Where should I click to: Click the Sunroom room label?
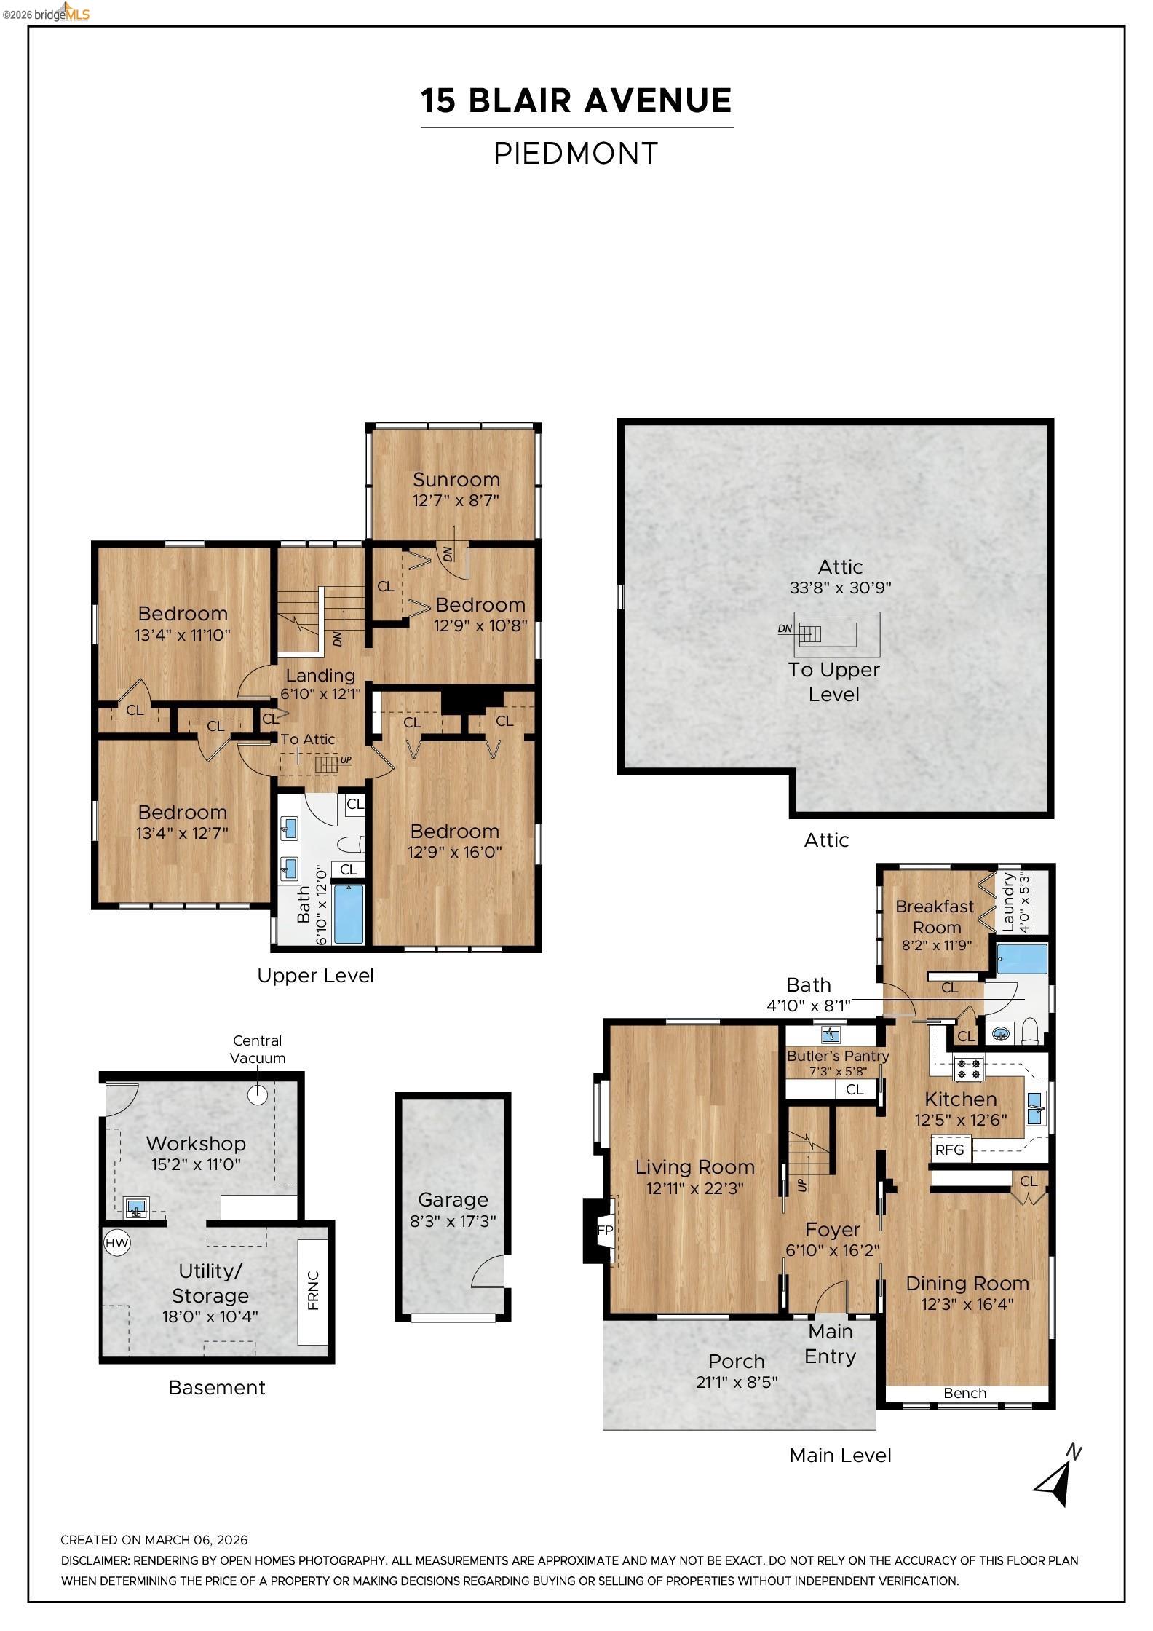point(456,480)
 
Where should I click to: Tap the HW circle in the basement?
point(117,1242)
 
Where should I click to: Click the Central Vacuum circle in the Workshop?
point(258,1094)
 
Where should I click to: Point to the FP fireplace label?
point(605,1230)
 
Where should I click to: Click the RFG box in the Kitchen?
point(949,1150)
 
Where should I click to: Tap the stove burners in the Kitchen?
point(968,1069)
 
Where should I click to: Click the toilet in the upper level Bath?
point(352,845)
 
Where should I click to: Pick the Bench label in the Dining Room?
point(964,1393)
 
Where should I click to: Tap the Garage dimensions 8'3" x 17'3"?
point(453,1221)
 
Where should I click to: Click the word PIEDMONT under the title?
point(576,154)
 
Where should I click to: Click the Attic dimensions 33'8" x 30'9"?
point(840,588)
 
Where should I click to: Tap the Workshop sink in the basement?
point(135,1208)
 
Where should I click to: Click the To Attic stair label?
point(308,739)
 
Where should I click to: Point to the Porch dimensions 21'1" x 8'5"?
point(737,1381)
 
